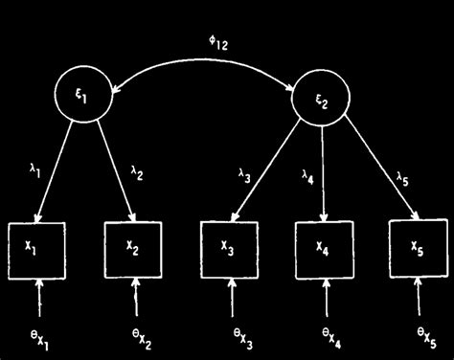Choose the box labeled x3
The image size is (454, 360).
coord(228,248)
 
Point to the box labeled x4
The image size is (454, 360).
coord(323,248)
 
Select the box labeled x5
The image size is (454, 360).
coord(418,248)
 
